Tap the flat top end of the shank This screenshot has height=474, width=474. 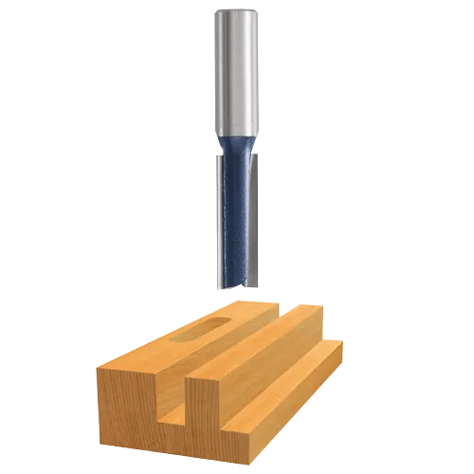pos(236,11)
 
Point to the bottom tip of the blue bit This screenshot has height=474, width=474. pos(235,282)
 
